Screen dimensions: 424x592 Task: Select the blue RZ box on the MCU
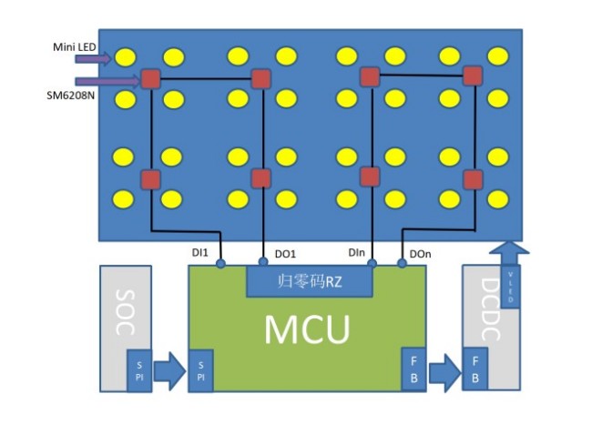pyautogui.click(x=310, y=281)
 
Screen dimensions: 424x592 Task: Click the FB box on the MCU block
pyautogui.click(x=412, y=369)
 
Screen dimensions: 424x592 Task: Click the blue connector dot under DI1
pyautogui.click(x=220, y=264)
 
